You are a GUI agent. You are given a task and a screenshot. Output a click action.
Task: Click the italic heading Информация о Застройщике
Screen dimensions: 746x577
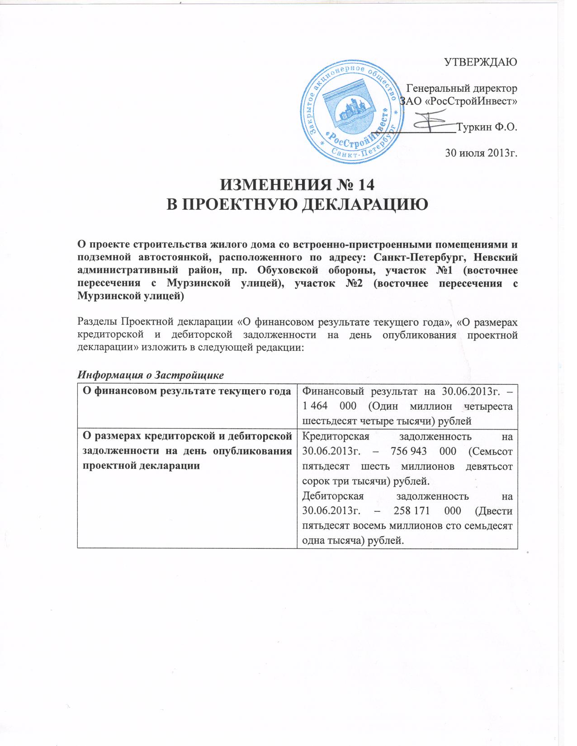151,375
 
